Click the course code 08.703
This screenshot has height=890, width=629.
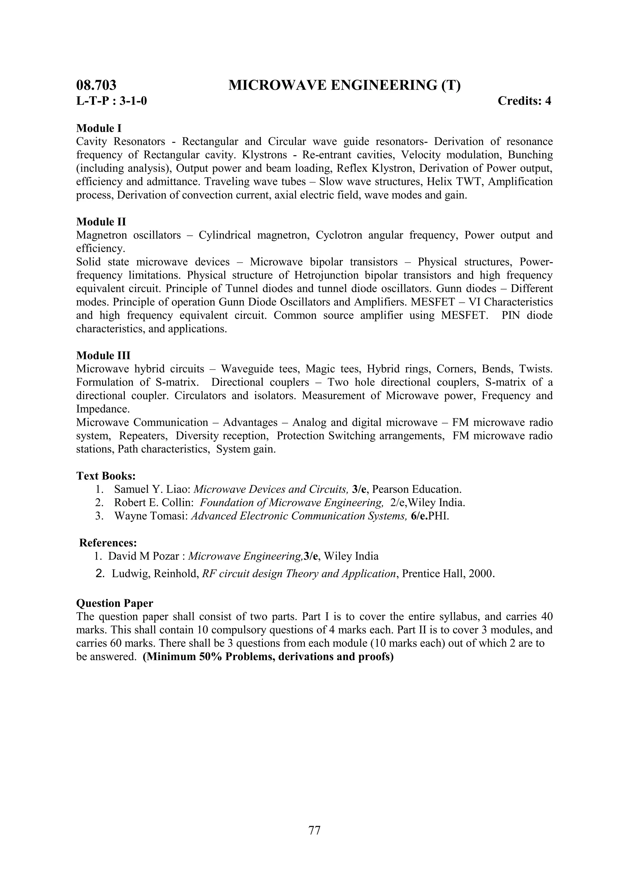pos(96,85)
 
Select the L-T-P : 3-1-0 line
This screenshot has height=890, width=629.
pos(111,101)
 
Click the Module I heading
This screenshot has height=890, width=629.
pos(99,128)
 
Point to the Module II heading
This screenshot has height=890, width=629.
pos(101,222)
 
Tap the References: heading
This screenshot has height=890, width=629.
pos(108,543)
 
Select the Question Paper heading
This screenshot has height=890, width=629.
pos(115,603)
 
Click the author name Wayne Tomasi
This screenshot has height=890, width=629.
pos(151,516)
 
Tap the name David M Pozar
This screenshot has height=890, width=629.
pos(143,556)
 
